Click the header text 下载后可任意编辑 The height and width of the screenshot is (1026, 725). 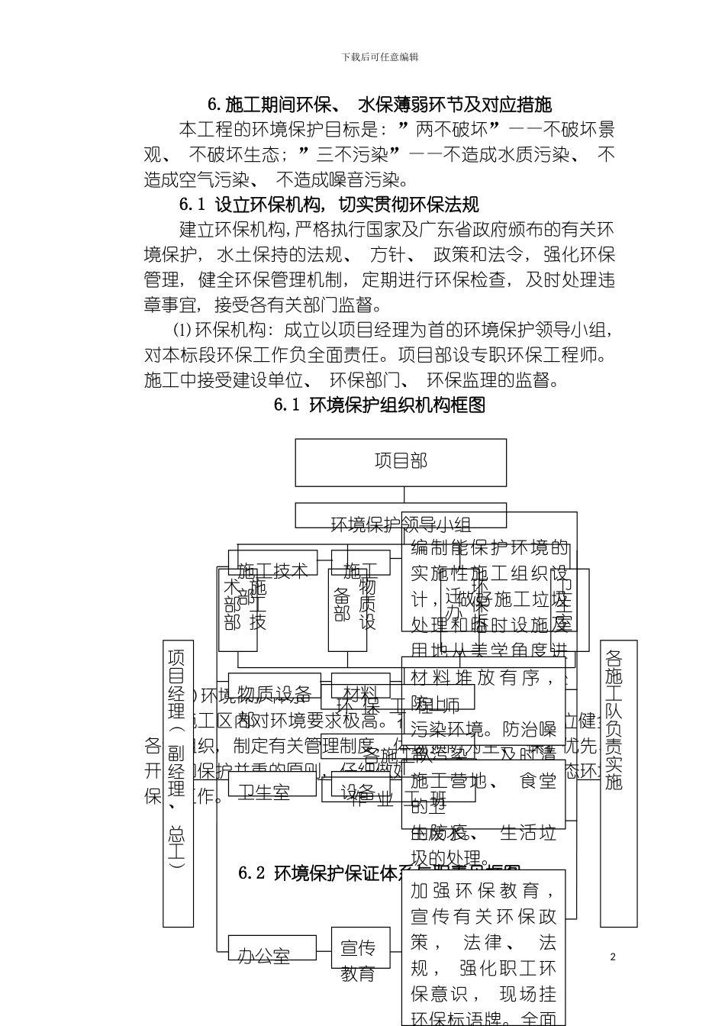click(379, 57)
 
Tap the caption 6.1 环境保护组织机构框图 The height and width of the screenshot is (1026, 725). click(379, 405)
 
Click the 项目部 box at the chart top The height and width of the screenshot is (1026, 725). click(401, 462)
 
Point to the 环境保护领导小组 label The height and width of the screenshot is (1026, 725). click(401, 524)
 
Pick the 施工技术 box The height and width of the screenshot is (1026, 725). click(272, 569)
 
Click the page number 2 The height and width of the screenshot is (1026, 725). click(613, 957)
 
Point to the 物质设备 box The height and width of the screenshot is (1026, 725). click(272, 694)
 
